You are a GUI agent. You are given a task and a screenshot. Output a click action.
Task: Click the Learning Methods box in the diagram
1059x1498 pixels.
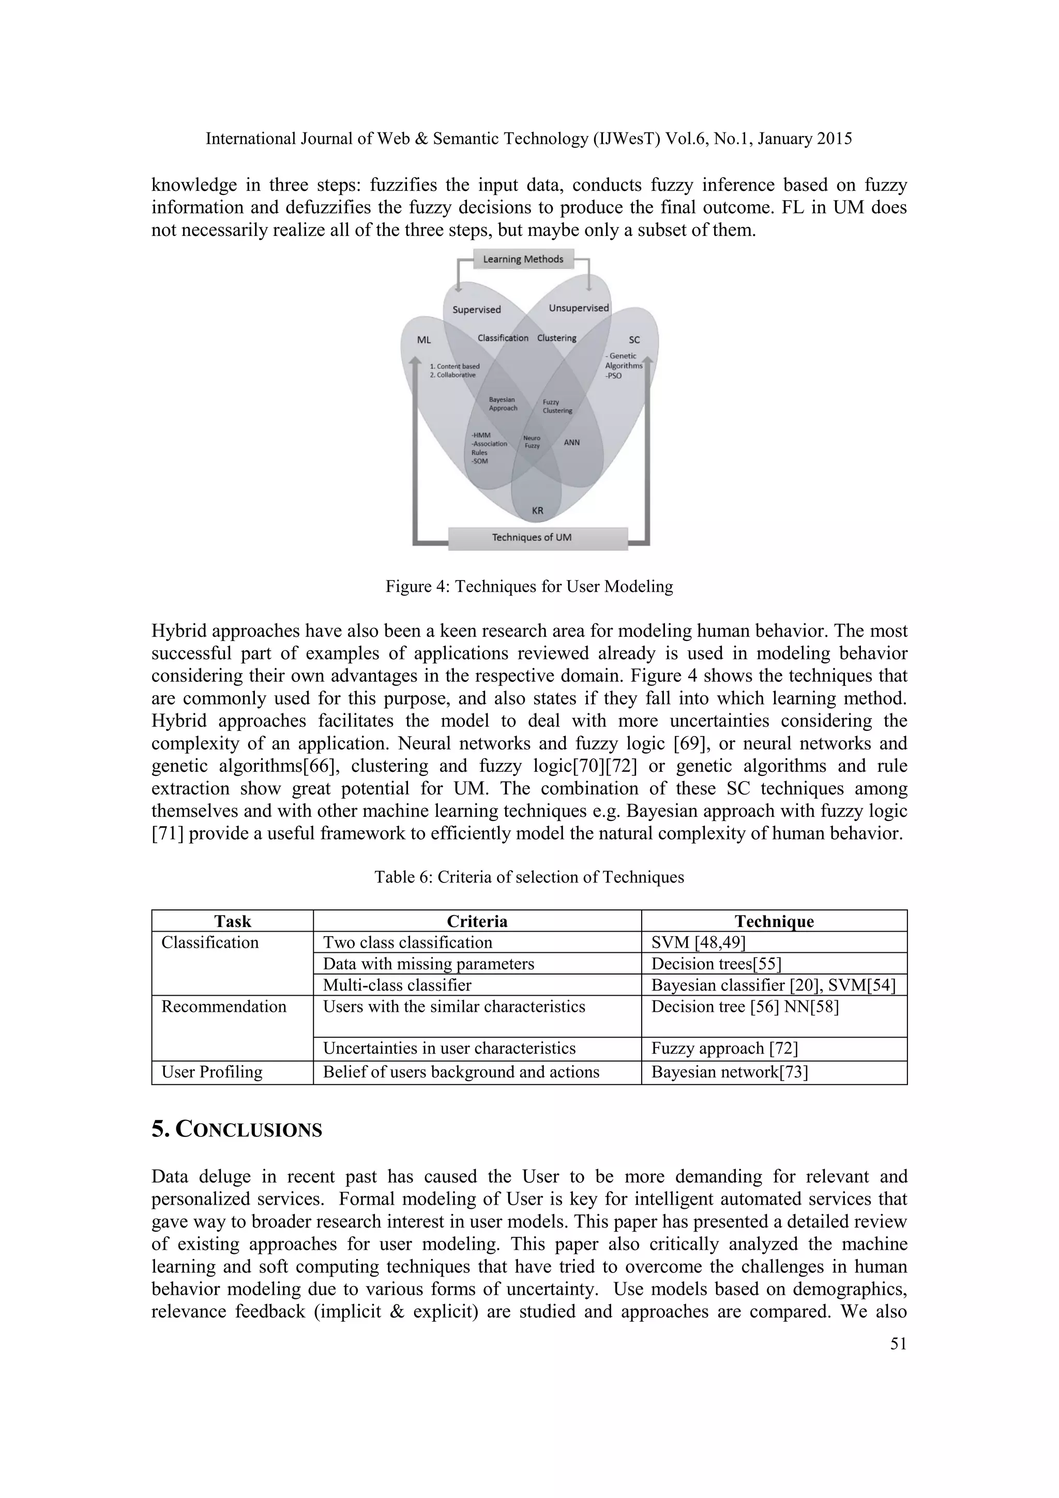523,259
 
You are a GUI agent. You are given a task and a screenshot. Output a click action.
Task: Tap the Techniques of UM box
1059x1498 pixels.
532,537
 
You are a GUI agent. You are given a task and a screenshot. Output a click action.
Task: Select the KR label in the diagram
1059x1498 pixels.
537,510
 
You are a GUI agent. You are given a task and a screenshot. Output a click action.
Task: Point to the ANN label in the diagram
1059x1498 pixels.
571,442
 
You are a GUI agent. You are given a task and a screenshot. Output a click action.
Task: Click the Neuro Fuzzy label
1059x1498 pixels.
532,442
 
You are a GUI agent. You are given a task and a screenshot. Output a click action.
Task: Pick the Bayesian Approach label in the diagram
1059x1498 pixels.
503,404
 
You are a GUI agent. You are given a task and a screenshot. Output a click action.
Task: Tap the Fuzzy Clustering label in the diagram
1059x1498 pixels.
557,407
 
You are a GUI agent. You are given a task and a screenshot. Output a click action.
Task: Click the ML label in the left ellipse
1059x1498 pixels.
424,340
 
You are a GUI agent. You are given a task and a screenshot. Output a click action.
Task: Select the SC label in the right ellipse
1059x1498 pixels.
634,340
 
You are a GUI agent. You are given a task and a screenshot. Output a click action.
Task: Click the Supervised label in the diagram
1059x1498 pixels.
477,310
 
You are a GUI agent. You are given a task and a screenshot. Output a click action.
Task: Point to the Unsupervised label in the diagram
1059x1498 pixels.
579,308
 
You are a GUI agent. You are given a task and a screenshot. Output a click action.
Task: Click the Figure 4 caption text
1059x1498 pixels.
529,587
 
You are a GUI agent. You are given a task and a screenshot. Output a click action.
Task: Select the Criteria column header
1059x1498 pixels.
477,921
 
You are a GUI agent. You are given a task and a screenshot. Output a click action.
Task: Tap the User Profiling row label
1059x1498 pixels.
212,1072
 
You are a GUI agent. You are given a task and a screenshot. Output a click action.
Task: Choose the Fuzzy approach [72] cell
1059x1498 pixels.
724,1048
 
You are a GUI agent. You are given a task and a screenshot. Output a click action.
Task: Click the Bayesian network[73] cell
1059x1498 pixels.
729,1072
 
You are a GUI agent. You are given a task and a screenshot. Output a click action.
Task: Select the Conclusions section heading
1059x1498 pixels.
237,1129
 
